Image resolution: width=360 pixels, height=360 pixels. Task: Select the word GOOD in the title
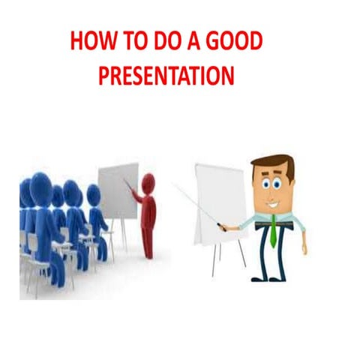click(x=233, y=43)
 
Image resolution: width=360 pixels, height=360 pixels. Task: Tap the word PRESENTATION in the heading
click(x=169, y=75)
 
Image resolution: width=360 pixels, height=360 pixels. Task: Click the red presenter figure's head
click(x=148, y=181)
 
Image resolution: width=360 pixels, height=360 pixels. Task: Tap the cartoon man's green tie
click(x=274, y=229)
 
